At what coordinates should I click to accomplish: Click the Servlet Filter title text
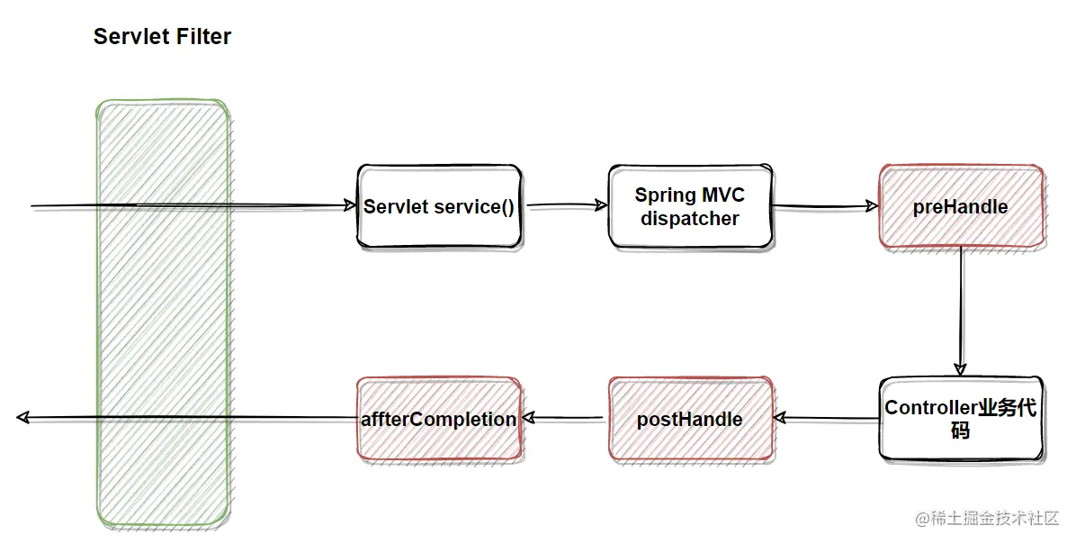point(162,37)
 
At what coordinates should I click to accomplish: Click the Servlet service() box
point(438,207)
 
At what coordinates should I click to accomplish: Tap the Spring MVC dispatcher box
point(690,207)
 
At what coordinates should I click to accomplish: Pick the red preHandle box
point(960,207)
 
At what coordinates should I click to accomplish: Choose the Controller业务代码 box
point(960,420)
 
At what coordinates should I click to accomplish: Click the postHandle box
point(690,420)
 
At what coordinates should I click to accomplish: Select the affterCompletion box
point(438,420)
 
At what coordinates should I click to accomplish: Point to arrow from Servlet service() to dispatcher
point(565,206)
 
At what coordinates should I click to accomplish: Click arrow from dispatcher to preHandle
point(823,207)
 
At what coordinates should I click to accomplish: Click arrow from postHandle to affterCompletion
point(565,418)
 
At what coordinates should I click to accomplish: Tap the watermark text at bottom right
point(987,519)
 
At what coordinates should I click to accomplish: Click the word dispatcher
point(690,219)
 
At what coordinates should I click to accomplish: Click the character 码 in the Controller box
point(960,431)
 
